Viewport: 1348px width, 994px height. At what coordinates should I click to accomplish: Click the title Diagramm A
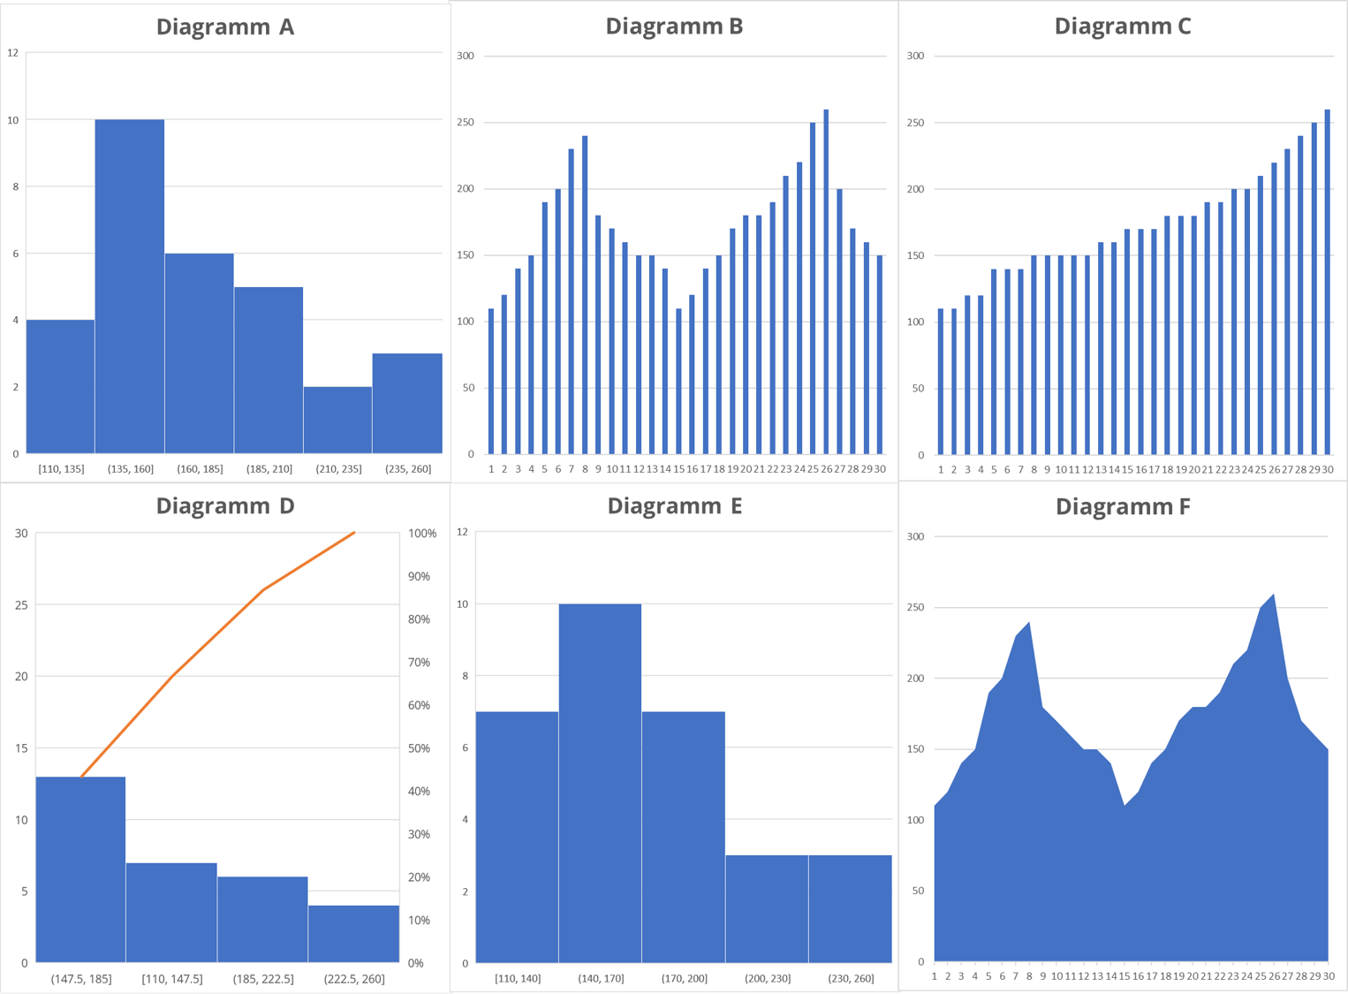224,27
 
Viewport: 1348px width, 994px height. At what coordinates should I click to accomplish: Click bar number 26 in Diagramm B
826,283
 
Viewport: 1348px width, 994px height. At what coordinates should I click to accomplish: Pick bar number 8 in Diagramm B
585,296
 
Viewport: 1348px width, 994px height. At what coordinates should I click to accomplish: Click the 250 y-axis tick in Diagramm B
466,122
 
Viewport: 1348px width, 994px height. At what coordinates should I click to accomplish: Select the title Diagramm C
1122,27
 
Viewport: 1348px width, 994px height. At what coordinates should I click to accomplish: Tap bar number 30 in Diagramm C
1327,283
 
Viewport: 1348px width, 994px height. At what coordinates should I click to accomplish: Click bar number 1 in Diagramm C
941,382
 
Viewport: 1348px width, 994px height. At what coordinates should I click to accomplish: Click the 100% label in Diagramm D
422,534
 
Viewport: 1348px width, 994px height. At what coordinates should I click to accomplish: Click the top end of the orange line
354,533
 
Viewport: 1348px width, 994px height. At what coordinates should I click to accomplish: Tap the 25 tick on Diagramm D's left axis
21,605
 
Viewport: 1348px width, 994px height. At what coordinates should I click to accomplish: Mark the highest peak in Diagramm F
1273,596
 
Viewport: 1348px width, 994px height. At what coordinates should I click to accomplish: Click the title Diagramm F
1122,506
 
